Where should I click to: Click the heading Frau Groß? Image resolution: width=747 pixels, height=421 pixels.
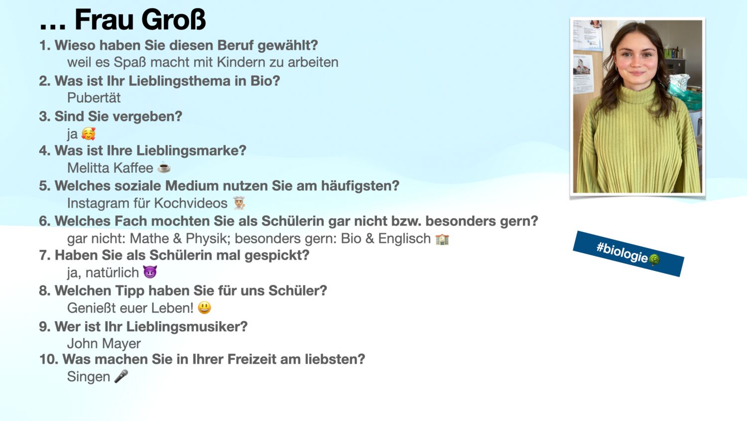pyautogui.click(x=140, y=19)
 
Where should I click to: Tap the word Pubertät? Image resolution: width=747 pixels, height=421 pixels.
pyautogui.click(x=94, y=98)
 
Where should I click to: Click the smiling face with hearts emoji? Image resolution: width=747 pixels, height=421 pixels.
pyautogui.click(x=88, y=134)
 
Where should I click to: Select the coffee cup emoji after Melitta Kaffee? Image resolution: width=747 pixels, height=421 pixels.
pyautogui.click(x=164, y=168)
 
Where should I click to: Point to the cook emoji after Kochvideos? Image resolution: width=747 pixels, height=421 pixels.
pyautogui.click(x=240, y=203)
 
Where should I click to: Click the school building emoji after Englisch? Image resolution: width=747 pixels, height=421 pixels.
pyautogui.click(x=442, y=239)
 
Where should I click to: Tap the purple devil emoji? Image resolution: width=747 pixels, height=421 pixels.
pyautogui.click(x=150, y=272)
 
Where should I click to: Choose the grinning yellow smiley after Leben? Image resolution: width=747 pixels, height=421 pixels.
pyautogui.click(x=204, y=307)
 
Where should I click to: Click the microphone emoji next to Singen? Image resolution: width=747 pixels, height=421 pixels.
pyautogui.click(x=121, y=376)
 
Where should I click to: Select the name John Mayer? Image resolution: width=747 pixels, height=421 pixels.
pyautogui.click(x=104, y=344)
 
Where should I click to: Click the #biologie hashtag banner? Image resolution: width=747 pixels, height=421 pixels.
pyautogui.click(x=628, y=253)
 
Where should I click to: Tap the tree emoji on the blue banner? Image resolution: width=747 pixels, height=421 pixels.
pyautogui.click(x=655, y=259)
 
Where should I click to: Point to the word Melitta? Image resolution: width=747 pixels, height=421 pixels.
pyautogui.click(x=89, y=168)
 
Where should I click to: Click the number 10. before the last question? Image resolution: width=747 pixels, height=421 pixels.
pyautogui.click(x=49, y=359)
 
